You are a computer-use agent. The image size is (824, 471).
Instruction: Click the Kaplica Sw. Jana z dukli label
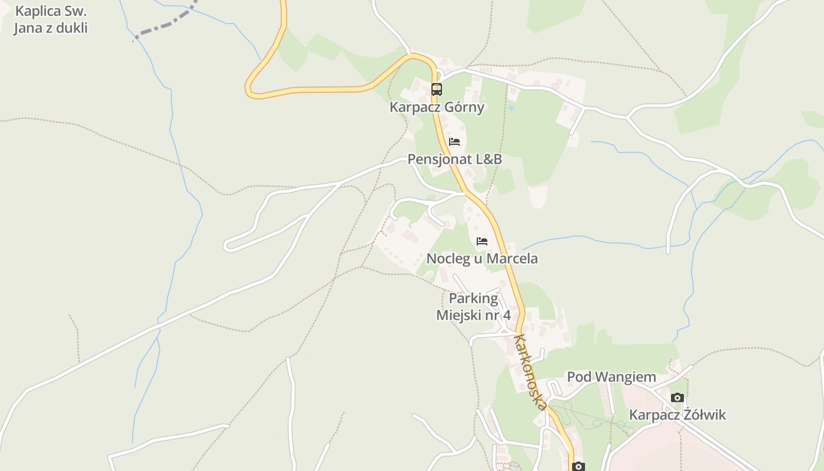click(51, 19)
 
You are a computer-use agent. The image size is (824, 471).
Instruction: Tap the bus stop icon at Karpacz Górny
click(436, 89)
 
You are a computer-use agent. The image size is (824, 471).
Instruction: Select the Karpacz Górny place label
click(437, 107)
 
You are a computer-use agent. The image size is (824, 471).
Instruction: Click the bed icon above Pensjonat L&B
click(454, 142)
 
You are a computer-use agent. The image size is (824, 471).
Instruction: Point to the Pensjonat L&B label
click(455, 160)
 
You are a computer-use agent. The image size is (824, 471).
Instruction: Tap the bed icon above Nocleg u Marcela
click(482, 241)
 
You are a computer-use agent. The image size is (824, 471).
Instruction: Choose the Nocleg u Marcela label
click(482, 258)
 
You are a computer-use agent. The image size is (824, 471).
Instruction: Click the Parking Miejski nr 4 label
click(473, 307)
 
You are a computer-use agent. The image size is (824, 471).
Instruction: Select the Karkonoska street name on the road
click(531, 372)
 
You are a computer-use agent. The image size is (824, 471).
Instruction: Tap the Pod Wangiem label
click(611, 377)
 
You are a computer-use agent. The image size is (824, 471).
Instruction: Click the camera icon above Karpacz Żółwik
click(677, 397)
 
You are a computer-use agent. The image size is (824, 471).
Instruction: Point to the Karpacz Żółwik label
click(677, 415)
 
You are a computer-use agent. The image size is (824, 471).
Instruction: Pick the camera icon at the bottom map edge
click(579, 466)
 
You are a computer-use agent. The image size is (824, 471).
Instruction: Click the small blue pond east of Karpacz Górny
click(511, 108)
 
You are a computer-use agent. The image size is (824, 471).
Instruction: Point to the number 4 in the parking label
click(506, 315)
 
